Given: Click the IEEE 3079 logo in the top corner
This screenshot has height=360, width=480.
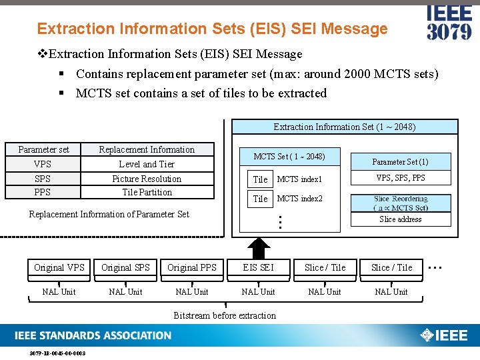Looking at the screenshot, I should point(449,23).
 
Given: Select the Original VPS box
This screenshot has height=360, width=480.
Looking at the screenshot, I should point(59,267).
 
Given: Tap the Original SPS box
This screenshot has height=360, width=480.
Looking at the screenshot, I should point(125,267).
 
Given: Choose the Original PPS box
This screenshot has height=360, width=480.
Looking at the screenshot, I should point(192,267).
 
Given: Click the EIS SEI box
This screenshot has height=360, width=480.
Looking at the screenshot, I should point(258,267).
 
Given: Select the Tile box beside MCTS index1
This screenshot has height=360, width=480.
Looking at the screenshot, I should point(260,179).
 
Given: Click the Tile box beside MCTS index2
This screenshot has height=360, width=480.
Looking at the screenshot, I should point(260,199).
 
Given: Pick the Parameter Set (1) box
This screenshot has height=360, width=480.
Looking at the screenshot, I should point(400,162).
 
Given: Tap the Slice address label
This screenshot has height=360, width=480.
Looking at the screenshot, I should point(400,219).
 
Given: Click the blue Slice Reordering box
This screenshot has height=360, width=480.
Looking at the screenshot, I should point(401,203).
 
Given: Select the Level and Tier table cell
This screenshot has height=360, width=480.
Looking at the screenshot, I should point(147,164).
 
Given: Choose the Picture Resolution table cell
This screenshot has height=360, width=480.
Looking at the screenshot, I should point(147,179).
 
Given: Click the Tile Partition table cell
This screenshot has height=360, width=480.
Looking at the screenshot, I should point(147,192).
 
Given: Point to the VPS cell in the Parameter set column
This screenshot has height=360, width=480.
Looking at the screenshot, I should point(43,164).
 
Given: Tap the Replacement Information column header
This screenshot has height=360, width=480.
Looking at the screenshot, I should point(147,149).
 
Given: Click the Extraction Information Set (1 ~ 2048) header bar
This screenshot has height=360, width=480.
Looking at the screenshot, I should point(345,127).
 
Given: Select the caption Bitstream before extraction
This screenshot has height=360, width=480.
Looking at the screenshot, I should point(225,315).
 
